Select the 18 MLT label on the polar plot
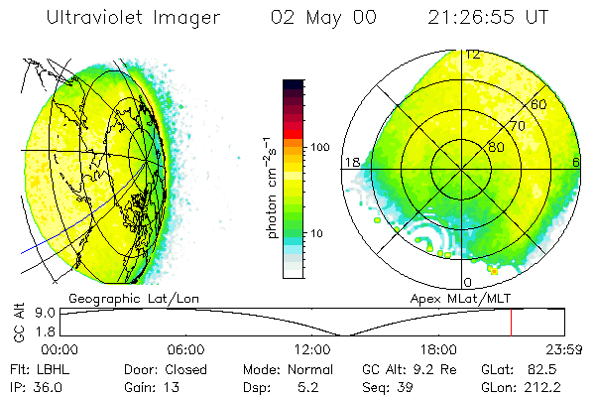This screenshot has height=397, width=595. point(351,162)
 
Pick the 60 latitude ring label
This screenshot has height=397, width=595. point(540,104)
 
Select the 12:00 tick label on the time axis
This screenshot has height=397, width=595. point(311,349)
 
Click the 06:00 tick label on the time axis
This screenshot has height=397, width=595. point(185,349)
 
